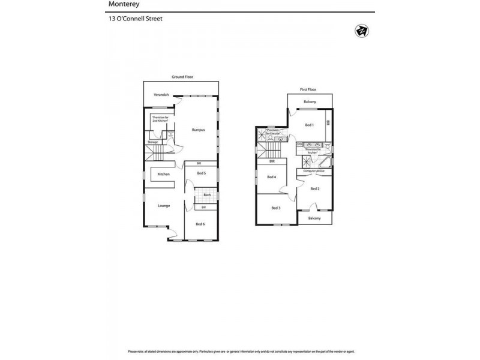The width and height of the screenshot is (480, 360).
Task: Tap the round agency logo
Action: pyautogui.click(x=361, y=31)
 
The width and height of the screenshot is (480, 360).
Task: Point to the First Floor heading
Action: pyautogui.click(x=308, y=89)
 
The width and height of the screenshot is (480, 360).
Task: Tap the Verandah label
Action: pyautogui.click(x=161, y=95)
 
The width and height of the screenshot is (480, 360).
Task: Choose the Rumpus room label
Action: pyautogui.click(x=198, y=130)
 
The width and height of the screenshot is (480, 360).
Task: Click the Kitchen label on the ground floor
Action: pyautogui.click(x=164, y=174)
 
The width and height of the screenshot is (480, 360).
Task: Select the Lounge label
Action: pyautogui.click(x=164, y=206)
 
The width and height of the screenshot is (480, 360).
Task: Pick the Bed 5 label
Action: pyautogui.click(x=201, y=173)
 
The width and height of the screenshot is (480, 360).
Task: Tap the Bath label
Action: pyautogui.click(x=206, y=195)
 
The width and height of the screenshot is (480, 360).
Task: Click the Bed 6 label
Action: pyautogui.click(x=200, y=224)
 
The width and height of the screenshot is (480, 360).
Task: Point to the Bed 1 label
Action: pyautogui.click(x=309, y=125)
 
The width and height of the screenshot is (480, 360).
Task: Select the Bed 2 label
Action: pyautogui.click(x=315, y=188)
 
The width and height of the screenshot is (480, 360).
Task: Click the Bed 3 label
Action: pyautogui.click(x=275, y=208)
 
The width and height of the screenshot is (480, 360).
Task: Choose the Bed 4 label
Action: pyautogui.click(x=271, y=177)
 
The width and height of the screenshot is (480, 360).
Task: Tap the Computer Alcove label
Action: pyautogui.click(x=314, y=171)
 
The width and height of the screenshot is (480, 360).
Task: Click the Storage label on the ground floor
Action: pyautogui.click(x=152, y=142)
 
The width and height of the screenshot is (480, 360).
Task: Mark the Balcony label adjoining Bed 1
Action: pyautogui.click(x=310, y=101)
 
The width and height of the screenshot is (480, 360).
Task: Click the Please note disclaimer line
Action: pyautogui.click(x=240, y=352)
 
